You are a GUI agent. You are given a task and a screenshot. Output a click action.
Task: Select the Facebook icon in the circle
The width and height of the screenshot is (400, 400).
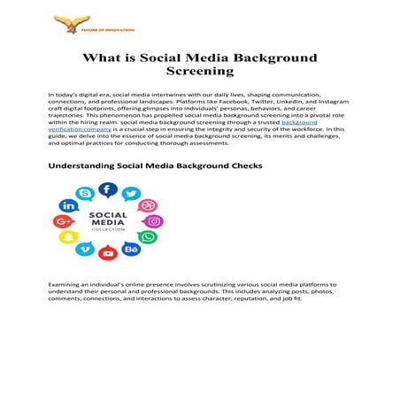pos(107,189)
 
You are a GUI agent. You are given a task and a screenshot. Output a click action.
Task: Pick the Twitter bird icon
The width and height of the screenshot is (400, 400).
pos(131,195)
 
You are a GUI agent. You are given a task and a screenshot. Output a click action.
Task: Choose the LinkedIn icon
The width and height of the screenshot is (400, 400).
pos(67,206)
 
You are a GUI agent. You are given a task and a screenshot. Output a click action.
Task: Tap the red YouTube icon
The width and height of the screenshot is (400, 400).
pos(107,254)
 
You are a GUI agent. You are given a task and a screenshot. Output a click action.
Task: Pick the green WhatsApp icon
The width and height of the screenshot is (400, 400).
pos(148,237)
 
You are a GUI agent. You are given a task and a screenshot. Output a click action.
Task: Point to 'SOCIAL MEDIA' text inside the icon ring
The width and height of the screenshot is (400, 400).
pos(107,219)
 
